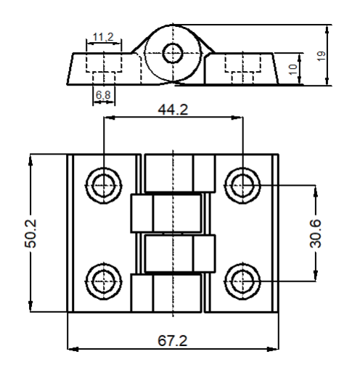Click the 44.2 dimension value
pos(173,110)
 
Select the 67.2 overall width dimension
pos(172,341)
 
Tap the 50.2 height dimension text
pos(30,234)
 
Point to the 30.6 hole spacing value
pos(316,233)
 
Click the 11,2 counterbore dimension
pos(103,37)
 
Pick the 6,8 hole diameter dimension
pos(103,95)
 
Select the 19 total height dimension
pos(321,56)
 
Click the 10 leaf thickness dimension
pos(292,70)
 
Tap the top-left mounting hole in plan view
pos(104,185)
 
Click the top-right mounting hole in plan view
pos(242,185)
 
